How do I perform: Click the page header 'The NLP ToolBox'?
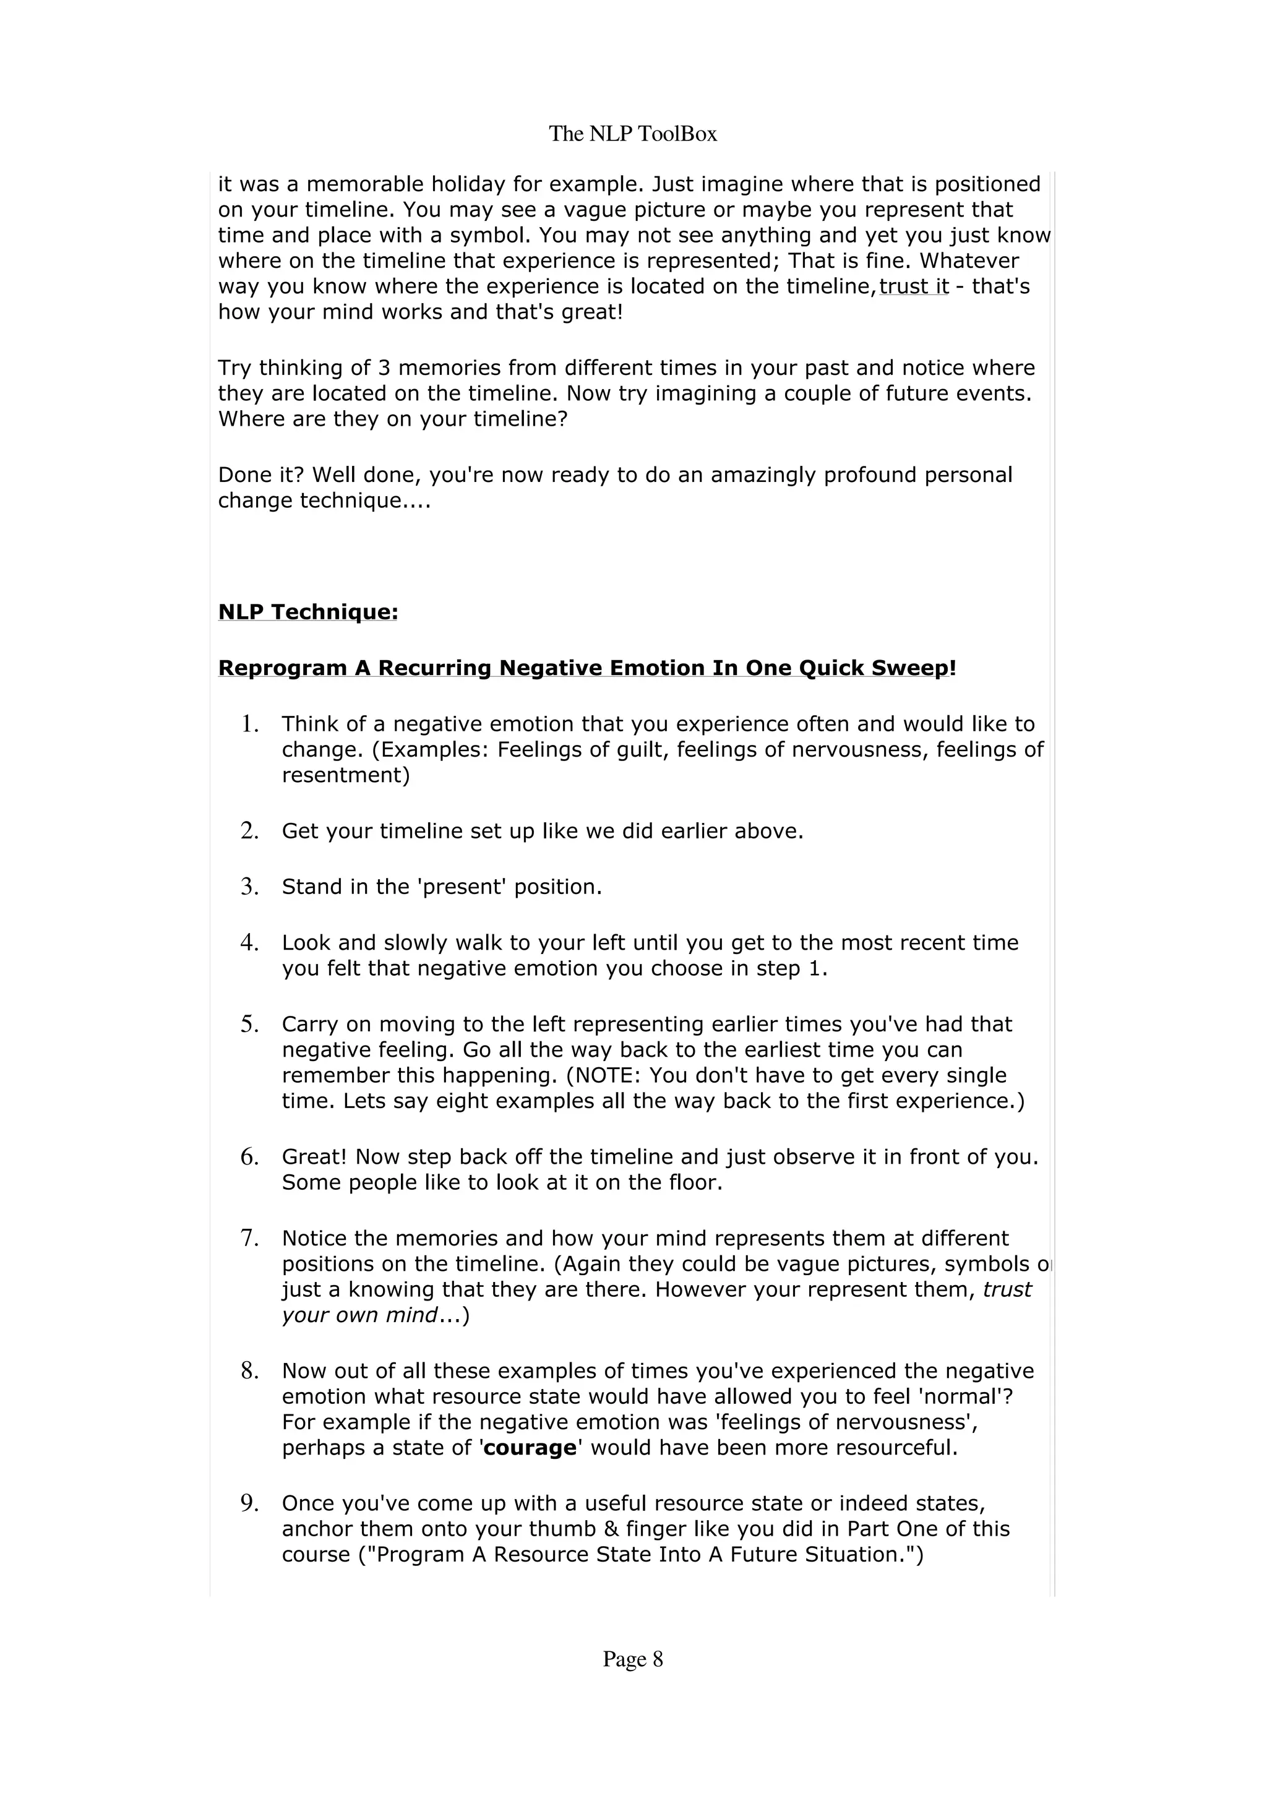pyautogui.click(x=632, y=134)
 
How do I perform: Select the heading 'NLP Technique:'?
pyautogui.click(x=307, y=613)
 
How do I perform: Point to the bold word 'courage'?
pyautogui.click(x=530, y=1448)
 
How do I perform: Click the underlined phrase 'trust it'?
pyautogui.click(x=913, y=286)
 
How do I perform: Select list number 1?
pyautogui.click(x=250, y=725)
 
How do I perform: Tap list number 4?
pyautogui.click(x=250, y=944)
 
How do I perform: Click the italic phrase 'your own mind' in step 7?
pyautogui.click(x=359, y=1315)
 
